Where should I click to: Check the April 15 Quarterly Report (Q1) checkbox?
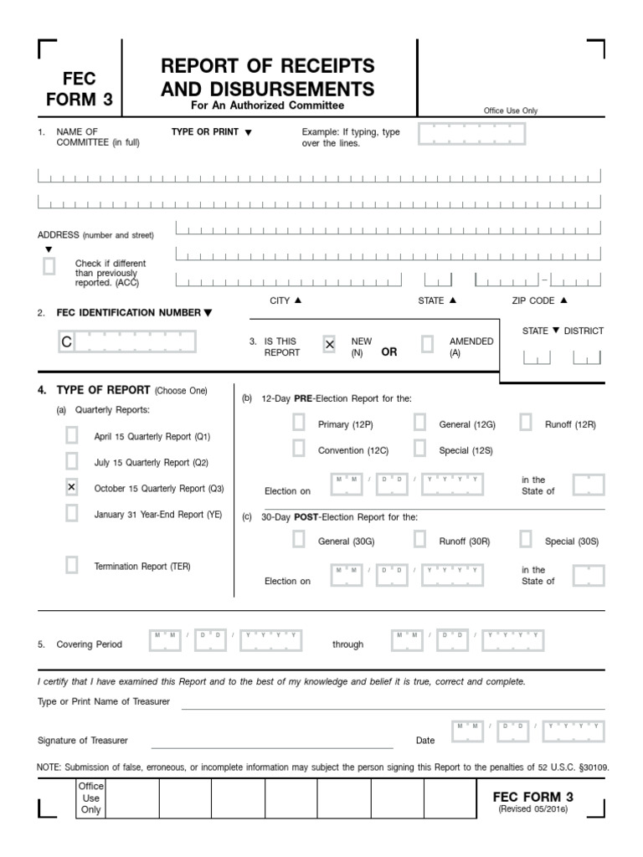(72, 435)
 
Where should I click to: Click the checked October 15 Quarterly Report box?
(72, 487)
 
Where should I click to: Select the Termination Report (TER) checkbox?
(72, 565)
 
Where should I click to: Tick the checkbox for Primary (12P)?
(299, 423)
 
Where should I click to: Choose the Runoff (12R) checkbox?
(526, 423)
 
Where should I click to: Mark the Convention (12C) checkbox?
(299, 449)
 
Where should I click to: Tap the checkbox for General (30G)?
(299, 540)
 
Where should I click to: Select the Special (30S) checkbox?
(526, 540)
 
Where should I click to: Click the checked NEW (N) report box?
(330, 344)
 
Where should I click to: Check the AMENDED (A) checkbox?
(428, 344)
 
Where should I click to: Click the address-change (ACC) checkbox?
(49, 266)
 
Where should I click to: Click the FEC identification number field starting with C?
(126, 342)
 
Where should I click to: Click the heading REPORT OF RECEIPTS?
(268, 66)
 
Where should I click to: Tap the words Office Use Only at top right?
(511, 110)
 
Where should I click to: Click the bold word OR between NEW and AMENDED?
(389, 352)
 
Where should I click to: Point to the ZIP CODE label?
(533, 300)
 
